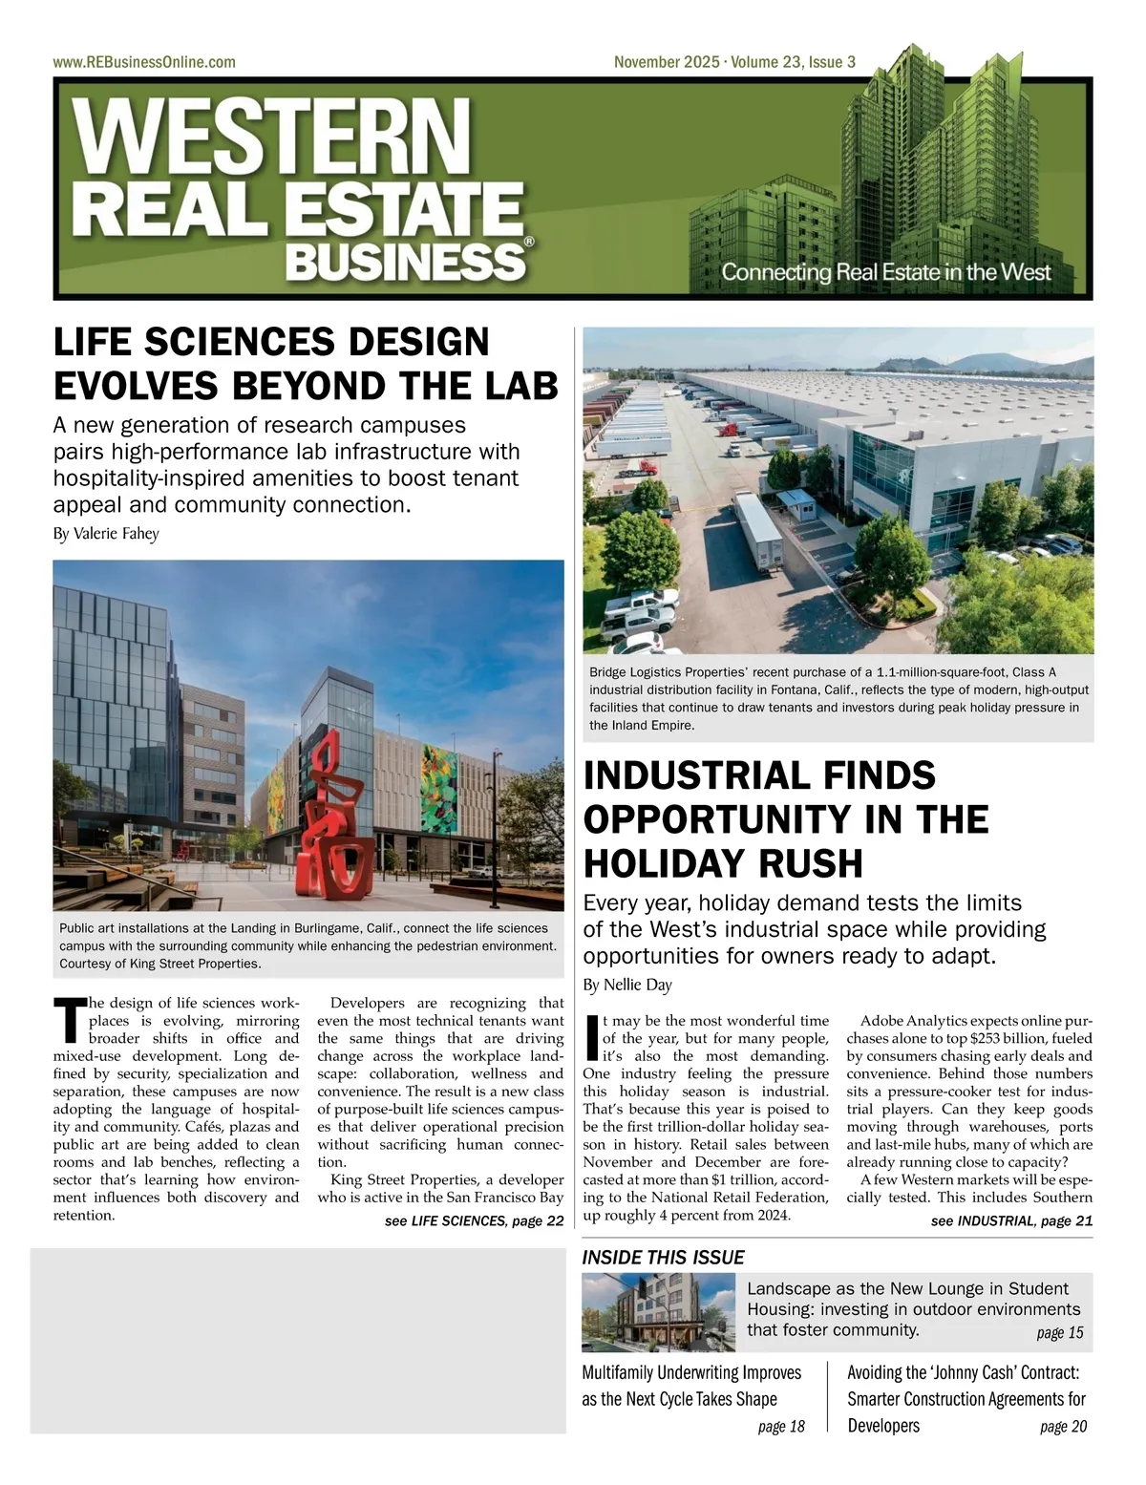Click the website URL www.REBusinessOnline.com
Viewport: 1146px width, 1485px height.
[x=144, y=62]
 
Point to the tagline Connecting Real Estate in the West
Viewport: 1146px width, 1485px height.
[x=885, y=271]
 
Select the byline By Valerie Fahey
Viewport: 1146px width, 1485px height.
[x=106, y=533]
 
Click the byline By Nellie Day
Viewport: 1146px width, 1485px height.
[x=627, y=984]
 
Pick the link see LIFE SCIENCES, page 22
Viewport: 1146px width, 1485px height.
[x=474, y=1220]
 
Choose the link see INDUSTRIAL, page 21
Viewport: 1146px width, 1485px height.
[x=1011, y=1220]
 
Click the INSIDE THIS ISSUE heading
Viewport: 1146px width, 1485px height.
[x=663, y=1257]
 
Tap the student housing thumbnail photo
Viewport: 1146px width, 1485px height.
[x=658, y=1311]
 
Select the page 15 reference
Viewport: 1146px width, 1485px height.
[x=1060, y=1333]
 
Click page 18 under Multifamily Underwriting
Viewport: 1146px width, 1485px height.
[x=781, y=1427]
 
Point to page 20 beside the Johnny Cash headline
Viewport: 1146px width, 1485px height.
[x=1063, y=1427]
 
